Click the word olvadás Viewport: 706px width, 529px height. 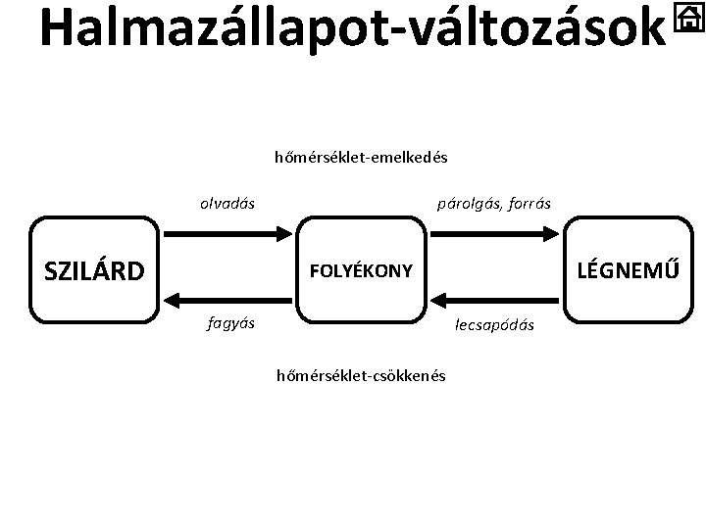point(227,204)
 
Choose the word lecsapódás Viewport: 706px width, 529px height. point(494,324)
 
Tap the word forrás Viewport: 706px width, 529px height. point(528,204)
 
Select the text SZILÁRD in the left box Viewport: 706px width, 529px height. point(94,270)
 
